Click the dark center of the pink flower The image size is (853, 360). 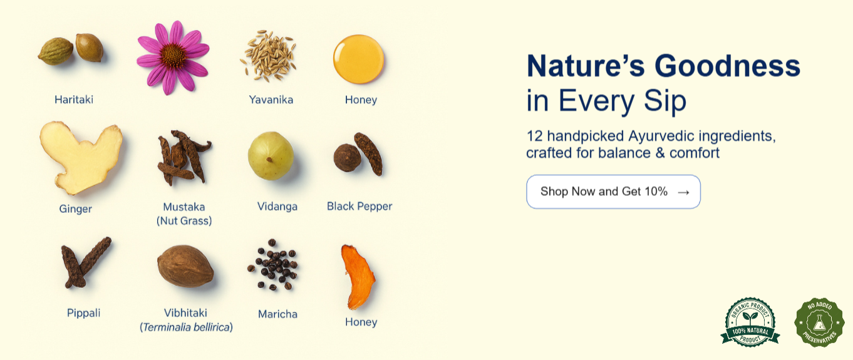[173, 56]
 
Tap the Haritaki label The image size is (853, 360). [74, 100]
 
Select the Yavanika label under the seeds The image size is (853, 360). [271, 100]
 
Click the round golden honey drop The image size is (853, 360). [358, 59]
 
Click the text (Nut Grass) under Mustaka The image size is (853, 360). [184, 221]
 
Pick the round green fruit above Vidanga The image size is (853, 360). [271, 156]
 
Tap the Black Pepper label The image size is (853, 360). [359, 206]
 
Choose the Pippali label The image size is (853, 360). [84, 313]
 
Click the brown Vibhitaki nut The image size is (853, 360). [185, 266]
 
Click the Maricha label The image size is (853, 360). [277, 314]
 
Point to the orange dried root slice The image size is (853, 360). [358, 277]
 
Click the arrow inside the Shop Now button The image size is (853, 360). [683, 193]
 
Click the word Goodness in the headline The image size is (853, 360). [727, 66]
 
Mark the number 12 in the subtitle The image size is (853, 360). [534, 136]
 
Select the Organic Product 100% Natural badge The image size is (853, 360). [750, 322]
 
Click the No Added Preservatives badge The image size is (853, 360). [819, 322]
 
